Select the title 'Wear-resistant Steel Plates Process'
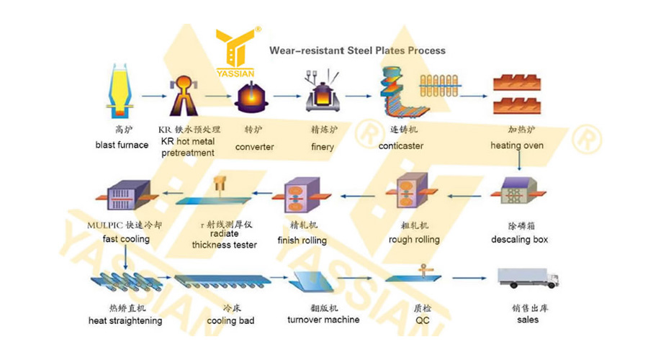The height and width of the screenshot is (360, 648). pos(357,50)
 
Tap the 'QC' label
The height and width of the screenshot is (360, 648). pos(423,320)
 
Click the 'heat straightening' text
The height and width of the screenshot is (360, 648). pos(125,320)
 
